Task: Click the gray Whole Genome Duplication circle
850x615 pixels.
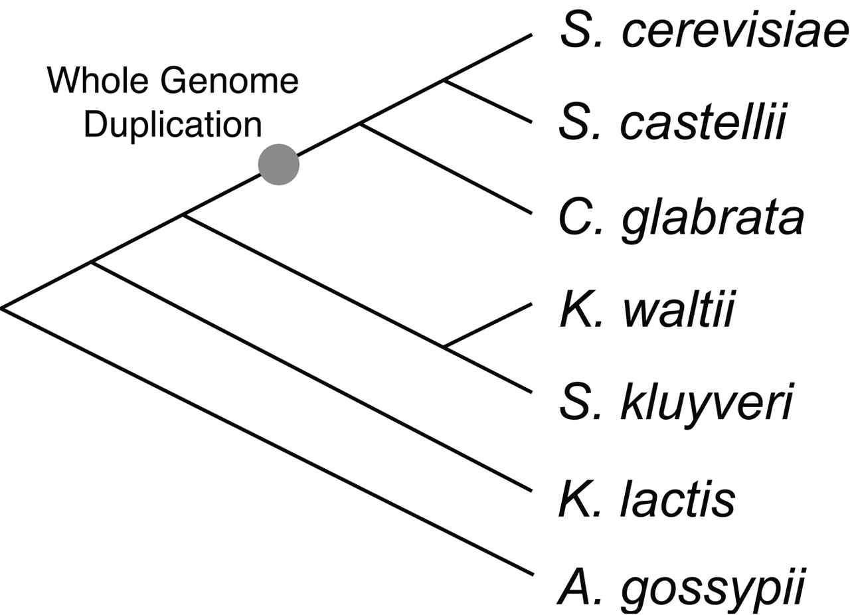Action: click(279, 165)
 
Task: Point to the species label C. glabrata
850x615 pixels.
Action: click(681, 218)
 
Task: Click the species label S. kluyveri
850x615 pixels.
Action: click(676, 402)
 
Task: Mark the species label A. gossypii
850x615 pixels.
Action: click(681, 588)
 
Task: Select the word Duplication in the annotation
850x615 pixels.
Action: click(173, 124)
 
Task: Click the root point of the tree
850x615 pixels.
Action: click(3, 307)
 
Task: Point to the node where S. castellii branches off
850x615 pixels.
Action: click(444, 81)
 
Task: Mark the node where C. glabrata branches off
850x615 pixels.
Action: click(360, 124)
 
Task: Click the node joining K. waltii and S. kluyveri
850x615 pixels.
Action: click(444, 347)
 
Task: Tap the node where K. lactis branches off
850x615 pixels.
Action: click(92, 263)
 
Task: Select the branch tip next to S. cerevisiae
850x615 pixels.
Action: click(530, 35)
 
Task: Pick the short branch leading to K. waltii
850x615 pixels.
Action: click(488, 325)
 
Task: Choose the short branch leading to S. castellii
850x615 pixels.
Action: click(488, 102)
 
